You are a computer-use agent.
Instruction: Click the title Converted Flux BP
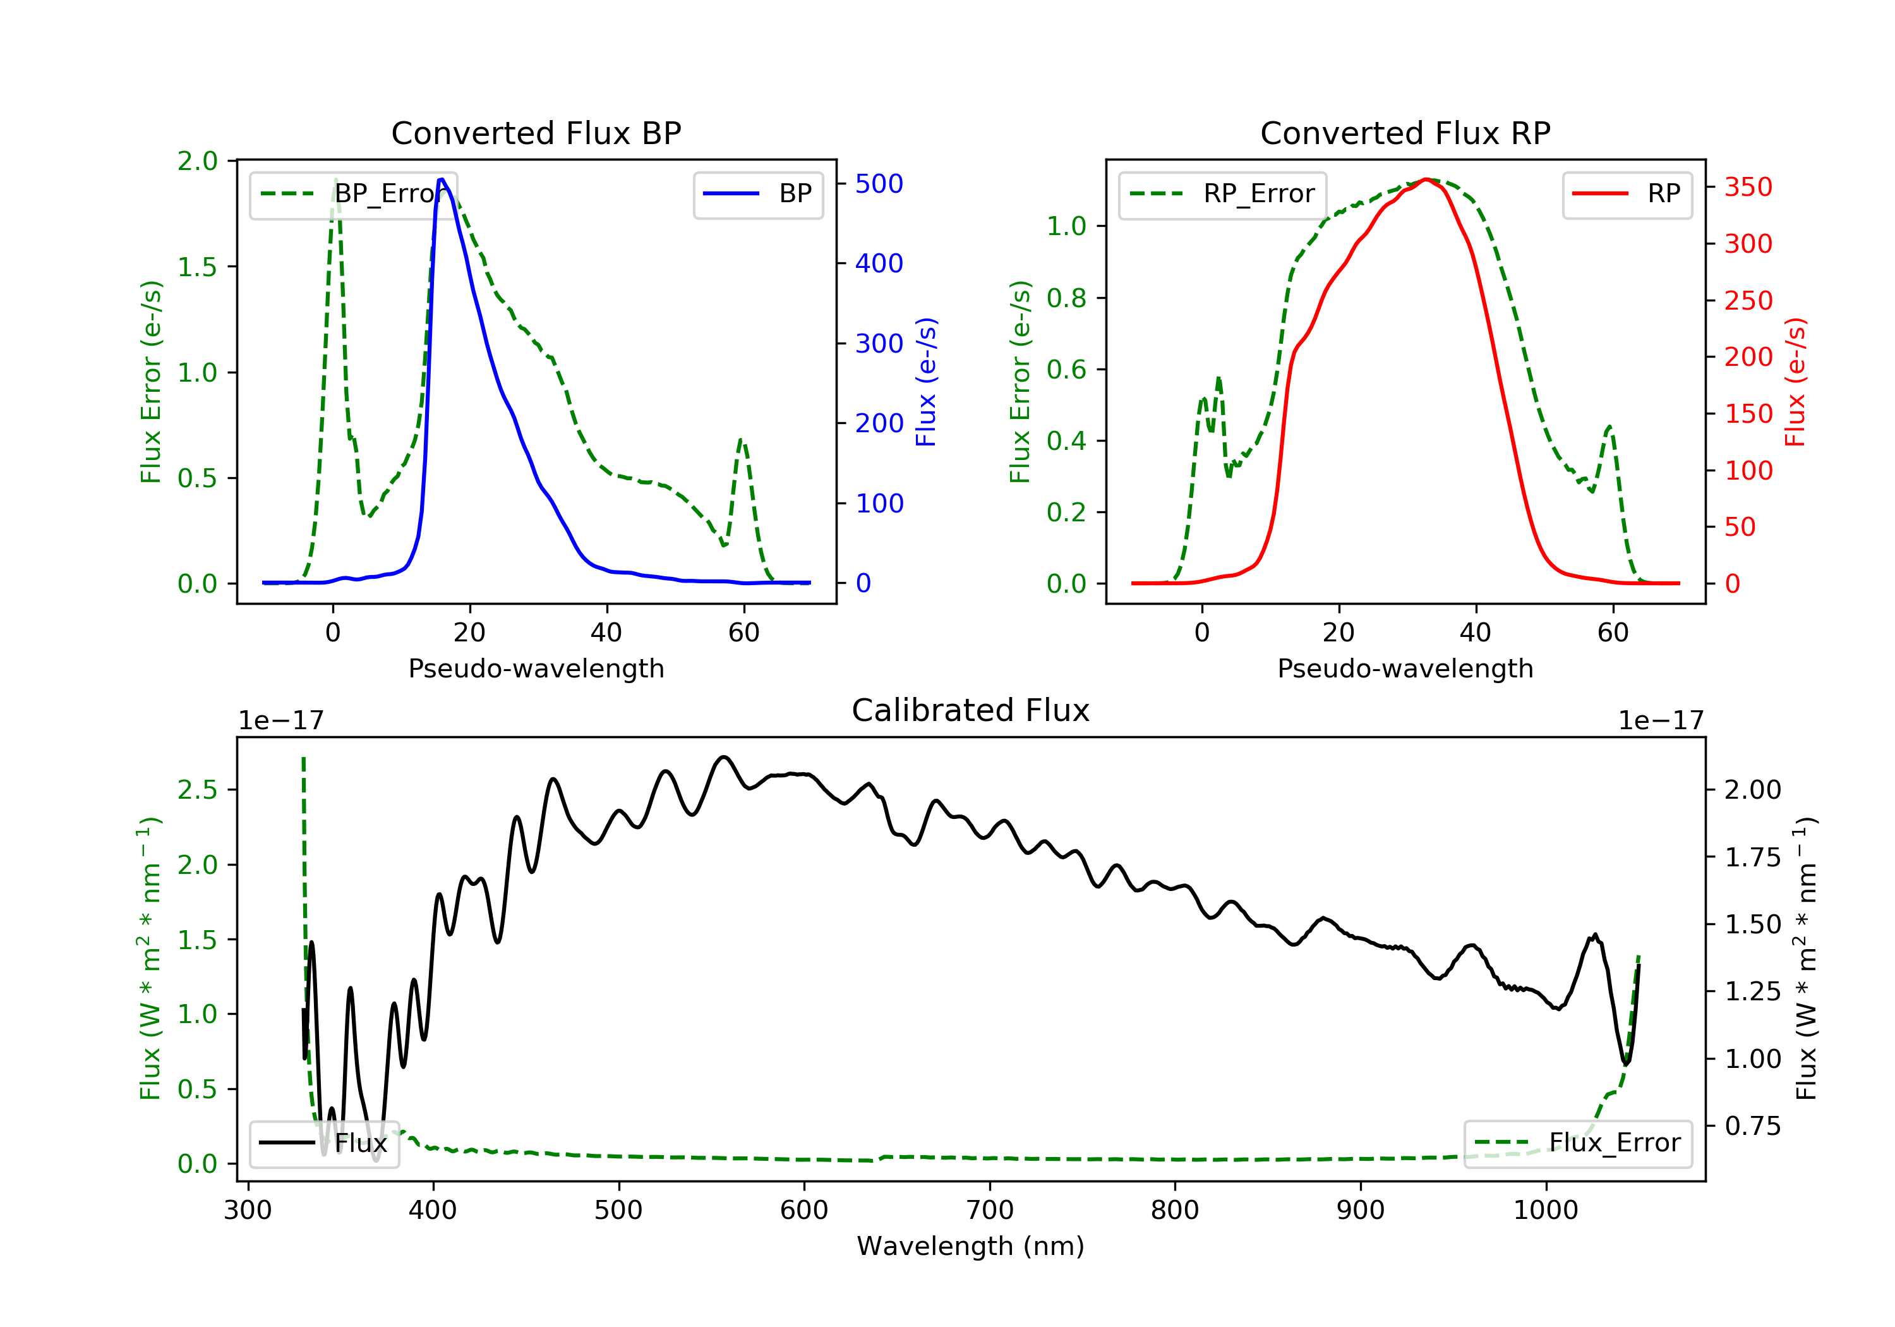pyautogui.click(x=536, y=133)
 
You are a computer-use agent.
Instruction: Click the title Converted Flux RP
pyautogui.click(x=1405, y=133)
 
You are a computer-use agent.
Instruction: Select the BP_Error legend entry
pyautogui.click(x=353, y=194)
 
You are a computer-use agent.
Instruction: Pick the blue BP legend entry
pyautogui.click(x=757, y=194)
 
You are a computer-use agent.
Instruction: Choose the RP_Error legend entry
pyautogui.click(x=1222, y=194)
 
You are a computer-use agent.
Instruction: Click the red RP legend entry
pyautogui.click(x=1627, y=194)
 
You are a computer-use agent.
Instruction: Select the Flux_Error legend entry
pyautogui.click(x=1577, y=1143)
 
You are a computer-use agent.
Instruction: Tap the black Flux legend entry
pyautogui.click(x=325, y=1143)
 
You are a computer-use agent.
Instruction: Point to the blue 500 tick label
pyautogui.click(x=879, y=184)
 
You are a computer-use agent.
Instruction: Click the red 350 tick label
pyautogui.click(x=1748, y=188)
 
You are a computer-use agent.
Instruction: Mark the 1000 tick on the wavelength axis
pyautogui.click(x=1545, y=1211)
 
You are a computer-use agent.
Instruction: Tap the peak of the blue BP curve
pyautogui.click(x=442, y=179)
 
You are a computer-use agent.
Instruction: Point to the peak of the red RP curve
pyautogui.click(x=1426, y=179)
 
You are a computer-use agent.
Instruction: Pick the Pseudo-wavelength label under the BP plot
pyautogui.click(x=536, y=668)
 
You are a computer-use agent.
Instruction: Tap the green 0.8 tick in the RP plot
pyautogui.click(x=1066, y=298)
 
